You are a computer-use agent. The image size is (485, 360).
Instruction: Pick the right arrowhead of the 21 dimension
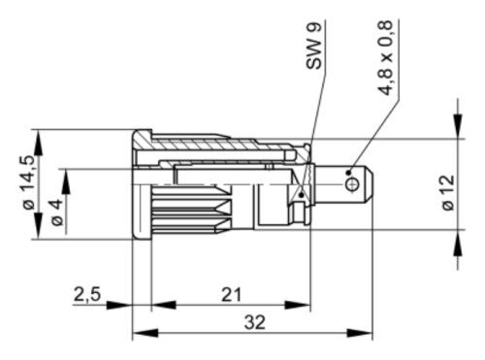point(300,305)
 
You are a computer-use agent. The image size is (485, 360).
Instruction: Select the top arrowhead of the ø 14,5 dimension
point(36,136)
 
